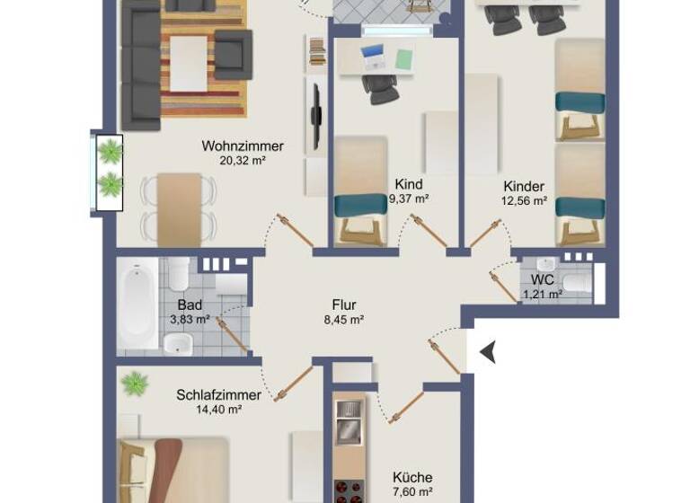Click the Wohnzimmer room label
[x=243, y=146]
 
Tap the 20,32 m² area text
[x=243, y=162]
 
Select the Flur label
[x=343, y=304]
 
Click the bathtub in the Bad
[x=137, y=305]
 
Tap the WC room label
[x=543, y=279]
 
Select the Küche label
[x=412, y=477]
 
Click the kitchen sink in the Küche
[x=348, y=419]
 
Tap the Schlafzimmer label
[x=218, y=395]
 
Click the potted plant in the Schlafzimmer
[x=134, y=384]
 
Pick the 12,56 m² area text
[x=524, y=201]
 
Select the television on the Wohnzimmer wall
[x=316, y=115]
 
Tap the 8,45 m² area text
[x=343, y=319]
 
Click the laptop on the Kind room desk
[x=373, y=58]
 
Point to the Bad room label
[x=188, y=304]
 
